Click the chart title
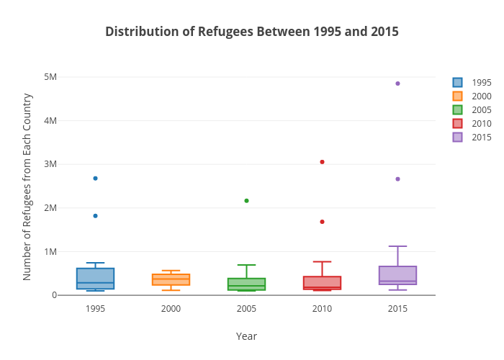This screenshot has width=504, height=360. (x=251, y=32)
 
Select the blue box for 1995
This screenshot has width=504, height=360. (x=95, y=278)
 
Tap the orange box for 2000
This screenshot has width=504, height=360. (x=171, y=279)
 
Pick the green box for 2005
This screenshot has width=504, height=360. (x=246, y=284)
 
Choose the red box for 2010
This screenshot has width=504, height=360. (x=322, y=282)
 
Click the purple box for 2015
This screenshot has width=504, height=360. (x=397, y=275)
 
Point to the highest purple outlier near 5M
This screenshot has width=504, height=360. (x=397, y=84)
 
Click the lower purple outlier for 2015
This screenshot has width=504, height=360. (x=397, y=179)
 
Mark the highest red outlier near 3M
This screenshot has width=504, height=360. (x=322, y=162)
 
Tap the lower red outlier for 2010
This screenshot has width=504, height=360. (x=322, y=222)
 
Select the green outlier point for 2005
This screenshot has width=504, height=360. (x=246, y=201)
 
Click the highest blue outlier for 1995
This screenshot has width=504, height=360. (x=95, y=178)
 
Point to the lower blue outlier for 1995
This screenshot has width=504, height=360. (x=95, y=216)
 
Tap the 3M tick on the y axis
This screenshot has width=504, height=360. (x=50, y=164)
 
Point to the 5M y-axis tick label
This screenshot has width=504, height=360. (x=50, y=77)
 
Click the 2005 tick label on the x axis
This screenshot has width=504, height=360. (x=246, y=309)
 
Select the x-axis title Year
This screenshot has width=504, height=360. (x=246, y=336)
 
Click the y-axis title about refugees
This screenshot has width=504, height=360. (x=27, y=186)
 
